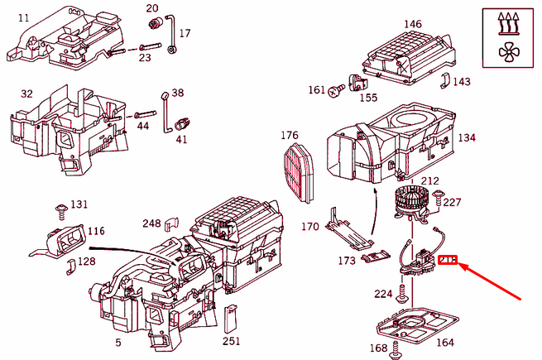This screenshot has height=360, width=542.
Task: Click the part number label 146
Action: point(412,25)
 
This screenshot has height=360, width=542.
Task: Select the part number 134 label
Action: point(467,137)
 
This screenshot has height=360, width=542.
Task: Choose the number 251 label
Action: point(231,341)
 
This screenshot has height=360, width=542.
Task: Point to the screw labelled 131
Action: point(60,207)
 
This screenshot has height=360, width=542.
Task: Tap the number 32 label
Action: point(26,94)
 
